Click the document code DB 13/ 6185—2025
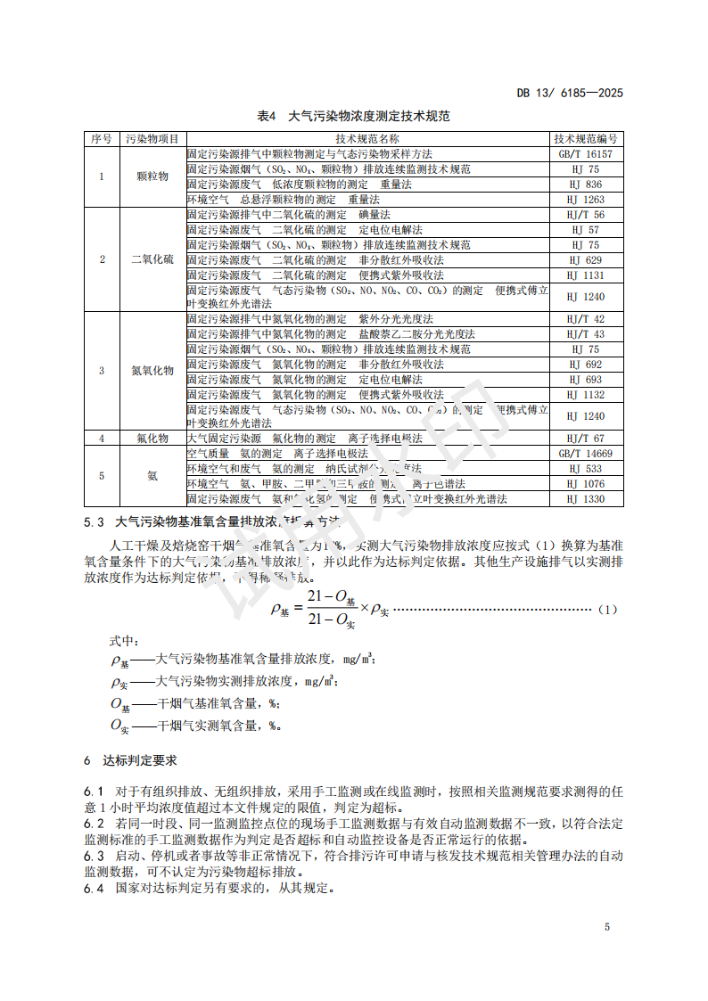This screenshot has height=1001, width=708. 570,93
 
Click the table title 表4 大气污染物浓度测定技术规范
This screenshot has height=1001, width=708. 354,116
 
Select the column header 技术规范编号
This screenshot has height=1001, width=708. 586,139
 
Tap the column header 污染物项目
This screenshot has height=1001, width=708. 152,139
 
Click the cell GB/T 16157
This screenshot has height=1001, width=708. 586,154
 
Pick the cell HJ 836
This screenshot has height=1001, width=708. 586,185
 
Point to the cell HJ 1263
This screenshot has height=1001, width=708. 586,200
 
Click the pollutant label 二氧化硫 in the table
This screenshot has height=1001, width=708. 152,259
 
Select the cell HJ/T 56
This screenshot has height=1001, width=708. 586,215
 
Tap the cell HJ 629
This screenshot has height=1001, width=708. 586,260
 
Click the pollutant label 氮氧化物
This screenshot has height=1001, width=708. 152,370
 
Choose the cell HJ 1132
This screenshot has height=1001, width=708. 586,395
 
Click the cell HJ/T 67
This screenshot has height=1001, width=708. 586,439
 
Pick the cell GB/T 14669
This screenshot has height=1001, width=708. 586,454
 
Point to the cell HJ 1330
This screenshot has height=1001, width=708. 586,499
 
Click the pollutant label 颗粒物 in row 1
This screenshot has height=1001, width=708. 152,176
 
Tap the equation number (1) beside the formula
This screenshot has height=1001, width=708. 606,610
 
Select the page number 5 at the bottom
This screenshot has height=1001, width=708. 607,927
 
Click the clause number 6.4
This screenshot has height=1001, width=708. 94,889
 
